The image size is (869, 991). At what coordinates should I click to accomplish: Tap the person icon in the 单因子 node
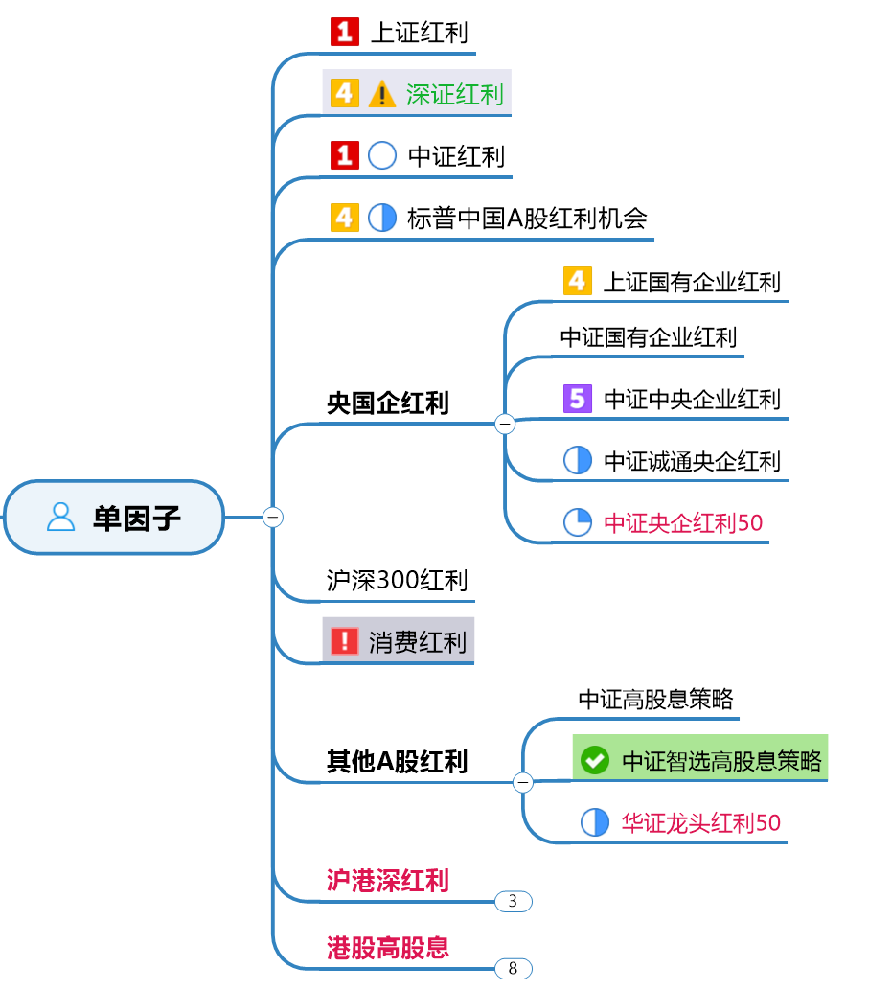click(x=60, y=518)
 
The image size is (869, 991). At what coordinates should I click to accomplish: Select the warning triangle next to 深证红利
click(x=381, y=94)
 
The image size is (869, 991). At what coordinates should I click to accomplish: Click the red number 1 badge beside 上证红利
click(x=344, y=33)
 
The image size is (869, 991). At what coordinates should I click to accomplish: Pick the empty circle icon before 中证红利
click(x=382, y=155)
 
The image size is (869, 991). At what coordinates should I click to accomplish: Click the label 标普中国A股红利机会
click(x=527, y=218)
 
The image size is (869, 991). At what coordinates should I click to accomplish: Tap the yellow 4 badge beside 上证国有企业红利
click(x=577, y=281)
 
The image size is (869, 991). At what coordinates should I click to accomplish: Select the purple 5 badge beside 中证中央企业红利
click(x=578, y=398)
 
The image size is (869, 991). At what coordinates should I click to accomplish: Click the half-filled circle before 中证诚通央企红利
click(x=578, y=460)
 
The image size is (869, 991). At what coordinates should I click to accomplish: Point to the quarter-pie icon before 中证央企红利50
click(x=578, y=522)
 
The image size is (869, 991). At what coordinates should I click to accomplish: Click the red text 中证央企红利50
click(x=683, y=522)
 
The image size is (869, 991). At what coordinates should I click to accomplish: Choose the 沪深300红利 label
click(x=397, y=580)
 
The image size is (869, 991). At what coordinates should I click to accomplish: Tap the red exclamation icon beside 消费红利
click(x=343, y=641)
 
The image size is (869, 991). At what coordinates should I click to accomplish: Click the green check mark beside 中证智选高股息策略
click(x=595, y=761)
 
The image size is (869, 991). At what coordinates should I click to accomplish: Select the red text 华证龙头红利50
click(x=701, y=822)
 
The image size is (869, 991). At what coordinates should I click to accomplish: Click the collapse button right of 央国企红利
click(x=505, y=424)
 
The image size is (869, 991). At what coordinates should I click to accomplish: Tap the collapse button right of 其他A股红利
click(x=523, y=783)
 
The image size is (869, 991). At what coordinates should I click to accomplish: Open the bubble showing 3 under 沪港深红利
click(x=513, y=901)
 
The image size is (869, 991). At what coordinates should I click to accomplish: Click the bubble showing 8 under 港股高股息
click(x=513, y=968)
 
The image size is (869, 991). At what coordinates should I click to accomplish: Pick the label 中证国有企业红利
click(x=649, y=337)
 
